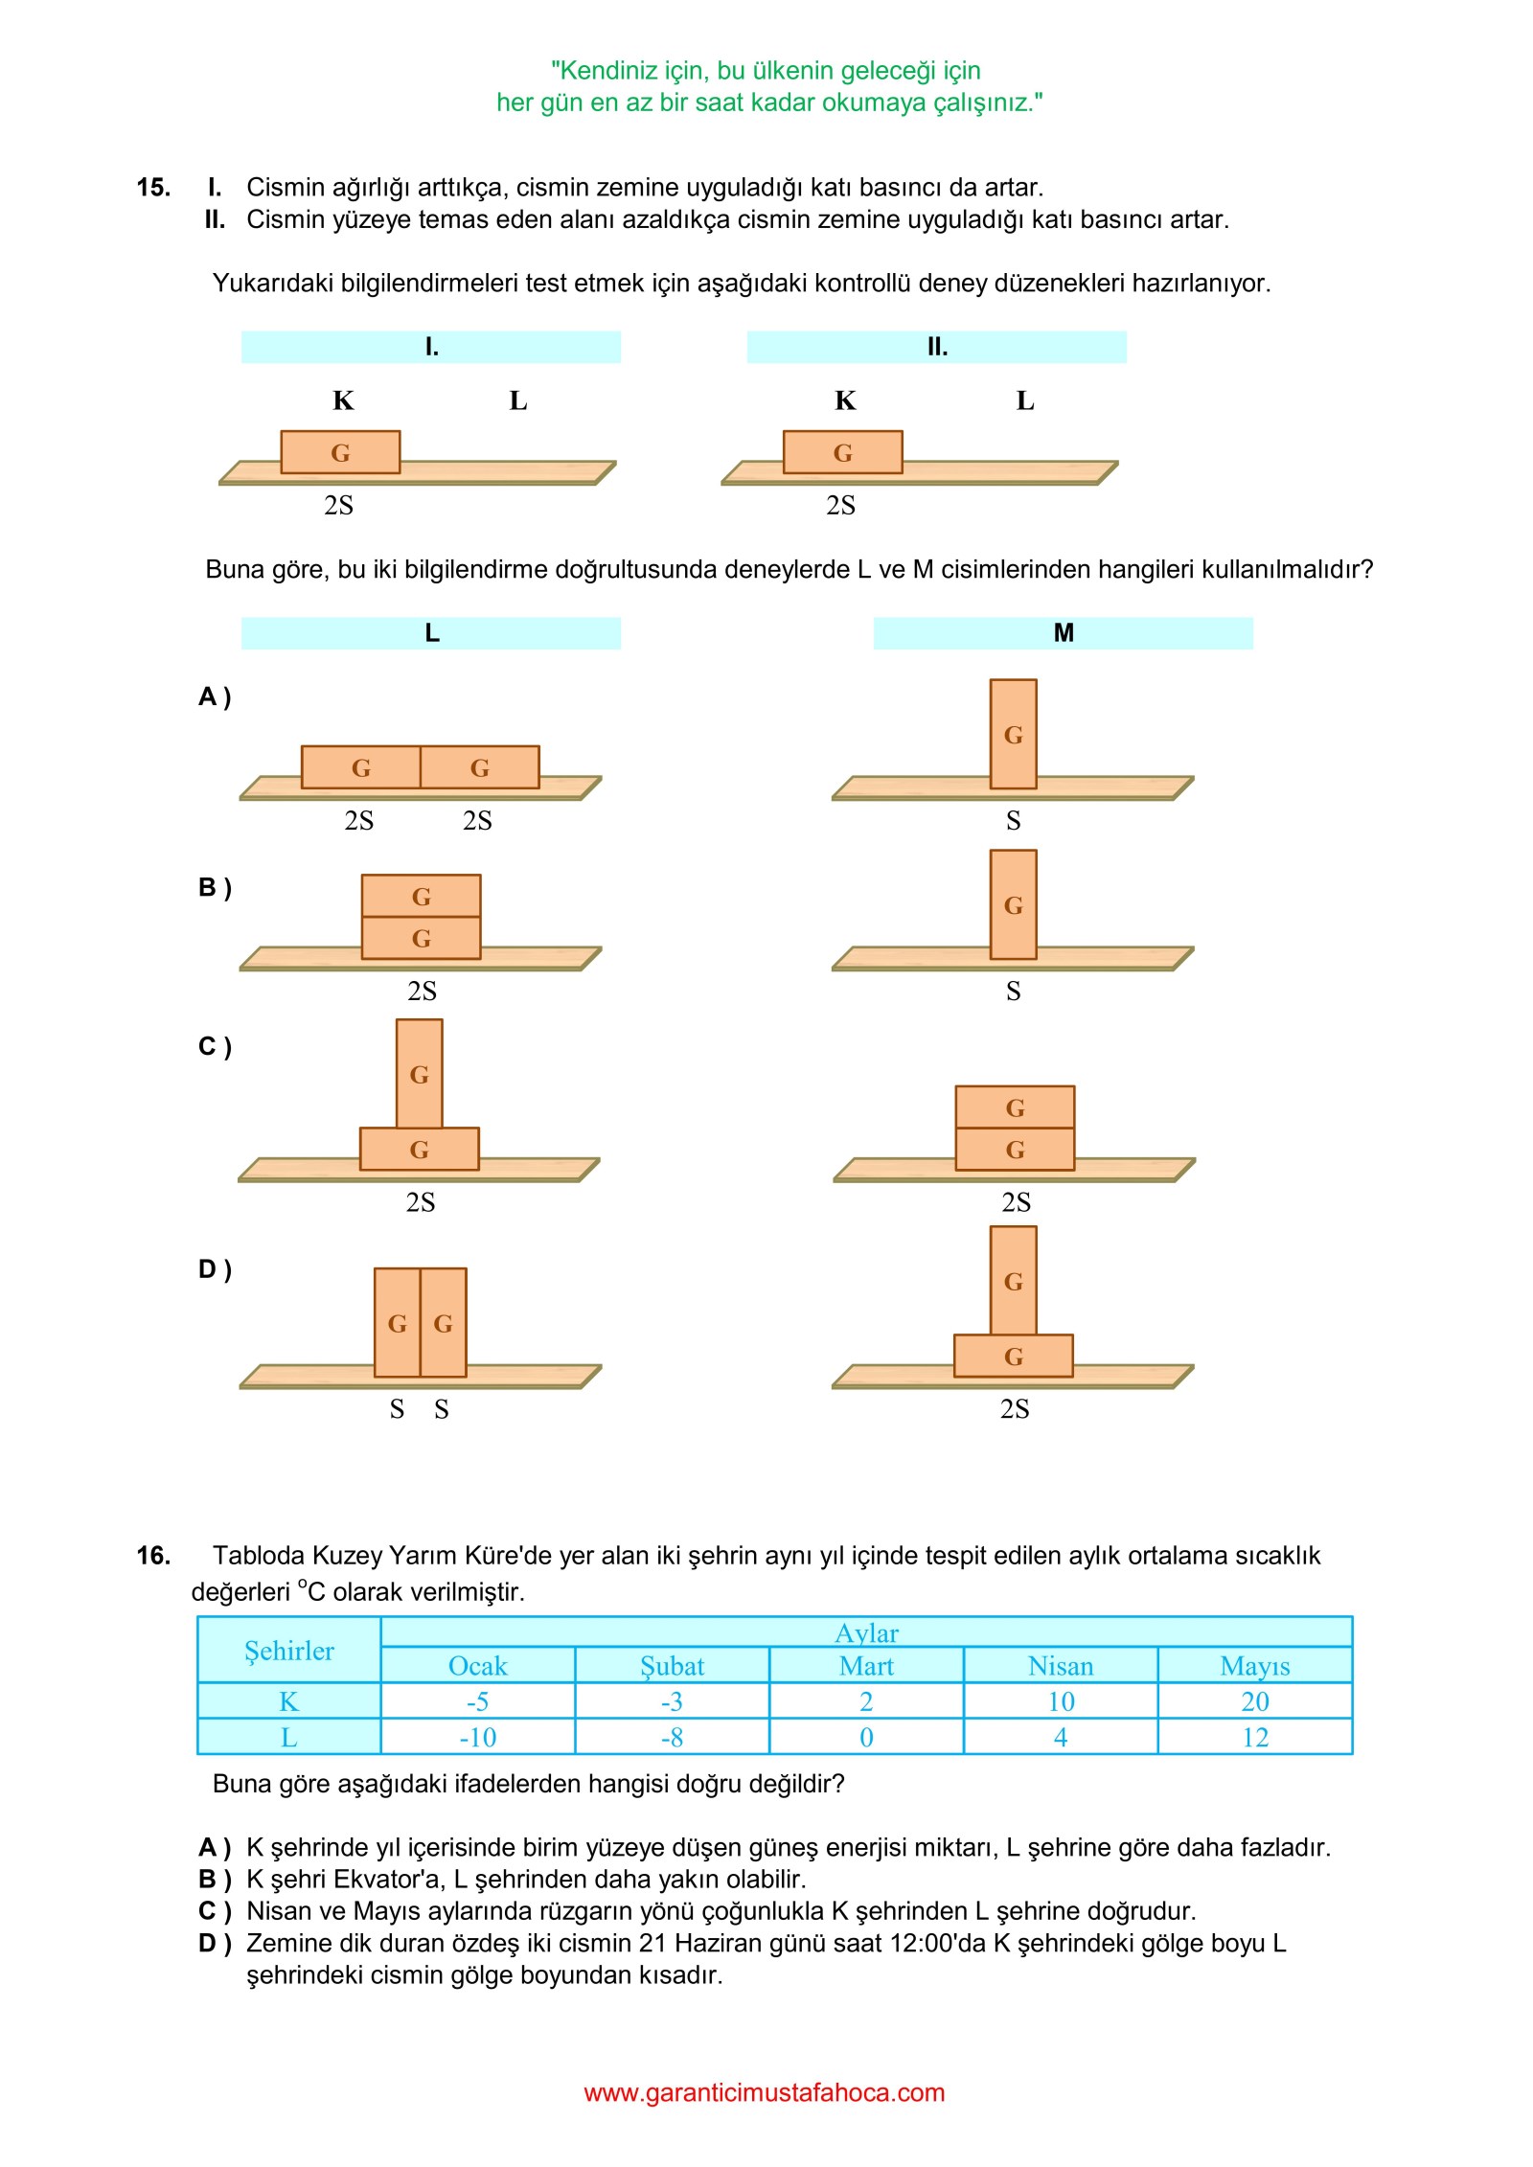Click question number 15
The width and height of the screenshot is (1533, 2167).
coord(153,187)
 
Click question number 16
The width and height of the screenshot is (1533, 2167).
coord(153,1555)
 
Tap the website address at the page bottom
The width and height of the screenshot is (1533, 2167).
coord(764,2092)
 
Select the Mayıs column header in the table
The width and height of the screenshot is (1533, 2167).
coord(1254,1666)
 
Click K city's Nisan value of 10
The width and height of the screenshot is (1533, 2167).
coord(1061,1701)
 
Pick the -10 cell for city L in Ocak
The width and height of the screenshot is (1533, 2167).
coord(477,1737)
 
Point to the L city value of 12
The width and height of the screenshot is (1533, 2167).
coord(1254,1737)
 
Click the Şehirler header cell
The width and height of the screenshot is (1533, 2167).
coord(288,1651)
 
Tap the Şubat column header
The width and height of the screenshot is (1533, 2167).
coord(672,1666)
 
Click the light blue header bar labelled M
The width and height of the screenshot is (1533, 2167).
coord(1063,633)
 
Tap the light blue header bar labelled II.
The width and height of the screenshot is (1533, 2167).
coord(936,347)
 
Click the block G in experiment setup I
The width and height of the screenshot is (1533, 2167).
coord(340,452)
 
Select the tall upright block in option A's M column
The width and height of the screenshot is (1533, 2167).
coord(1013,734)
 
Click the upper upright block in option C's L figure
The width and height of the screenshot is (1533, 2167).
coord(419,1073)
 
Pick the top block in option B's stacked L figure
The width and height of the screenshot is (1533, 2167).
coord(421,896)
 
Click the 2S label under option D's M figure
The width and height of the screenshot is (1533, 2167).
coord(1015,1408)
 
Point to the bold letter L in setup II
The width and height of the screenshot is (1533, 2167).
coord(1025,400)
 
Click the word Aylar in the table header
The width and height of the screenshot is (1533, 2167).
coord(866,1632)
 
